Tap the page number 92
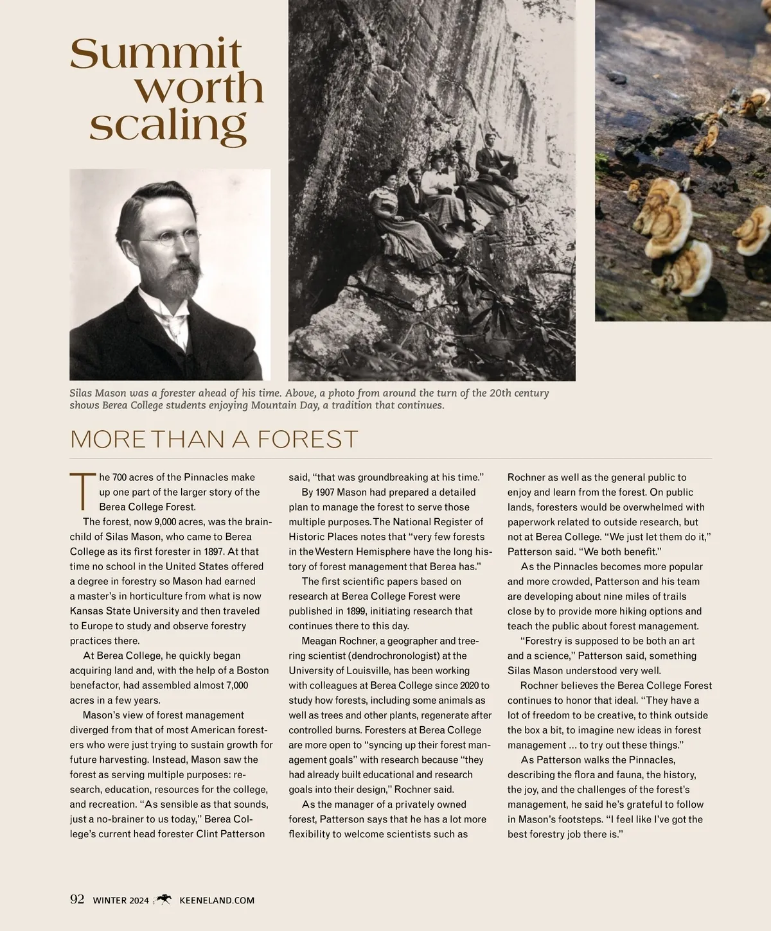pos(77,900)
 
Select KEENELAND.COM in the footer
pos(217,900)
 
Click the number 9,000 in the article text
pos(167,522)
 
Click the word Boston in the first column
pos(248,670)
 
